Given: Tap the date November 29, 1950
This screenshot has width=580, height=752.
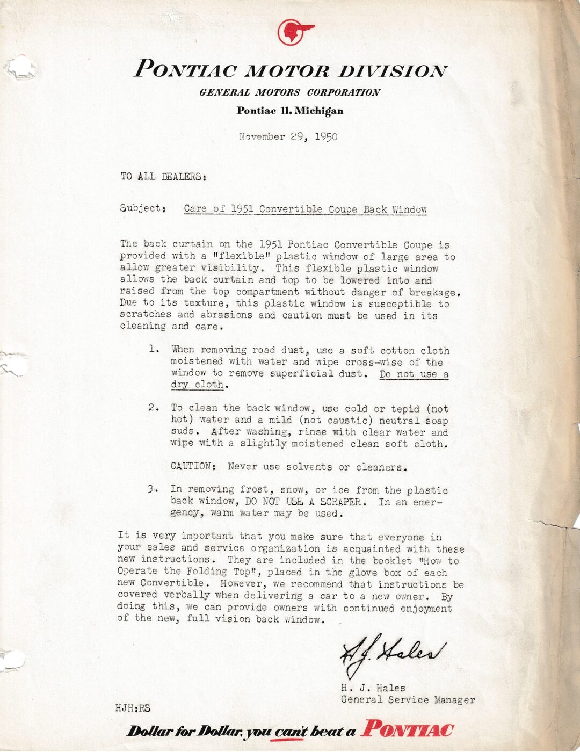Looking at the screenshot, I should pyautogui.click(x=288, y=136).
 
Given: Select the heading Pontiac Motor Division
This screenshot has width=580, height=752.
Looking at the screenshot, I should pyautogui.click(x=290, y=70).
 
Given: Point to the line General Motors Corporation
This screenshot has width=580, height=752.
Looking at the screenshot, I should pyautogui.click(x=289, y=92).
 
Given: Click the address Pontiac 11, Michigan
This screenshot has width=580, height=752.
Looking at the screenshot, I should pyautogui.click(x=290, y=111).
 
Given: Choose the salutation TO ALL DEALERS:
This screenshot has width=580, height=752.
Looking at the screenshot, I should pyautogui.click(x=163, y=177).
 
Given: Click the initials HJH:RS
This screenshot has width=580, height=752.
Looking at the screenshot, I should pyautogui.click(x=133, y=708).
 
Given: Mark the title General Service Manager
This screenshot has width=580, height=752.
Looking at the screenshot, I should pyautogui.click(x=408, y=700).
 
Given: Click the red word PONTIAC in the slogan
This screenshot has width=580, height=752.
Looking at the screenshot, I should pyautogui.click(x=407, y=730).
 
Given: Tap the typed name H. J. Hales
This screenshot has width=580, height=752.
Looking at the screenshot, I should pyautogui.click(x=373, y=688).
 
